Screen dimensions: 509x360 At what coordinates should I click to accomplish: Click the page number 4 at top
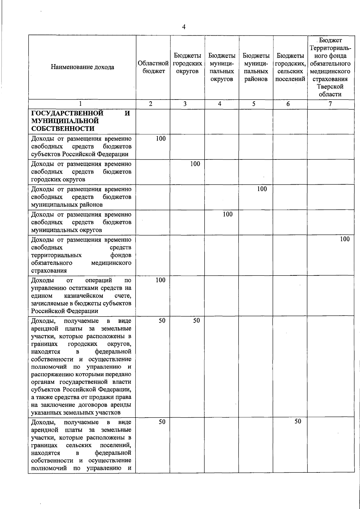pyautogui.click(x=184, y=27)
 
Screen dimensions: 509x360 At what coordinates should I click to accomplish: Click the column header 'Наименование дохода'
pyautogui.click(x=82, y=67)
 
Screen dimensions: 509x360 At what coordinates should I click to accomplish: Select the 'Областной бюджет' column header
pyautogui.click(x=153, y=67)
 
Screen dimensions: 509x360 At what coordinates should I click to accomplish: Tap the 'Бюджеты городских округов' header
pyautogui.click(x=187, y=64)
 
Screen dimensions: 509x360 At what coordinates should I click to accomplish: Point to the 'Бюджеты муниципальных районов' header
pyautogui.click(x=256, y=67)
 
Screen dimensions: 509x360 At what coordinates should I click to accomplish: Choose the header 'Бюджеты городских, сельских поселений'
pyautogui.click(x=290, y=67)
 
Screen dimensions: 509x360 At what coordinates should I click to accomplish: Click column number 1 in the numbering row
pyautogui.click(x=80, y=104)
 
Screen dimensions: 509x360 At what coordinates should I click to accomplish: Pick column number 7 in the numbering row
pyautogui.click(x=330, y=104)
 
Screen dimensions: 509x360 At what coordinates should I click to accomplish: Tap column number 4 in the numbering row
pyautogui.click(x=220, y=104)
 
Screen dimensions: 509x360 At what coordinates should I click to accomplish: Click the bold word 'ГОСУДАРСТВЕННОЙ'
pyautogui.click(x=67, y=113)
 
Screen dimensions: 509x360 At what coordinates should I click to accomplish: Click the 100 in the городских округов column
pyautogui.click(x=195, y=164)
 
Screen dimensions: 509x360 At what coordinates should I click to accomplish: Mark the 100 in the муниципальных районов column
pyautogui.click(x=262, y=189)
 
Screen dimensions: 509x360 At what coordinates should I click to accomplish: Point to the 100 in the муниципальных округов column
pyautogui.click(x=228, y=214)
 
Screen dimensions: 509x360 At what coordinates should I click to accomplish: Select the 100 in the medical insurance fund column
pyautogui.click(x=345, y=239)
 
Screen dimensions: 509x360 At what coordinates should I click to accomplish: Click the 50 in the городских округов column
pyautogui.click(x=196, y=320)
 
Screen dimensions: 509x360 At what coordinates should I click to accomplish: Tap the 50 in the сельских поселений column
pyautogui.click(x=297, y=421)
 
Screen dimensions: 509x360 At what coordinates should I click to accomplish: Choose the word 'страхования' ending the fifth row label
pyautogui.click(x=49, y=271)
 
